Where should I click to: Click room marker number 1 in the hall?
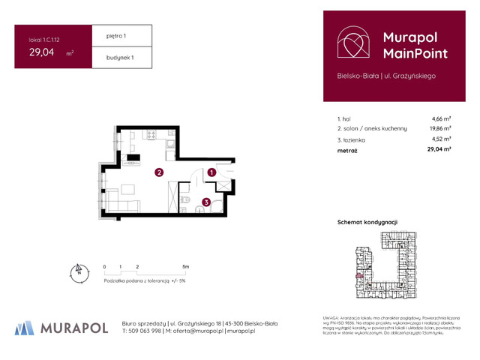212,172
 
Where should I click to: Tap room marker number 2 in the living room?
159,172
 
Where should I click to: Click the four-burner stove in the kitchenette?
150,136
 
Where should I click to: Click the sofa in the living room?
120,204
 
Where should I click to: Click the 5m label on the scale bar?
185,266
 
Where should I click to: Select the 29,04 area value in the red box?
42,52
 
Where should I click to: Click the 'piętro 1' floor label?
108,36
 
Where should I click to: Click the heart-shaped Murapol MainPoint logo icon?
352,43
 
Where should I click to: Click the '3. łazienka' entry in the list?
352,139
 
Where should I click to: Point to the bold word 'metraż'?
347,150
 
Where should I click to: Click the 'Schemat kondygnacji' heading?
367,223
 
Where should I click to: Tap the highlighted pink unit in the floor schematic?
359,276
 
